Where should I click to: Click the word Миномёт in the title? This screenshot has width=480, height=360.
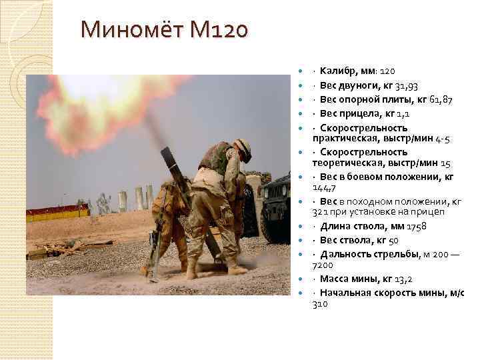(x=133, y=31)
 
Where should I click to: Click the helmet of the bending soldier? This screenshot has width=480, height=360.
(x=243, y=149)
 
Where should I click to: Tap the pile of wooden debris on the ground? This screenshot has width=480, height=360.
(x=60, y=248)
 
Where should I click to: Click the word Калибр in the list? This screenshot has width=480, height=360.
(x=337, y=71)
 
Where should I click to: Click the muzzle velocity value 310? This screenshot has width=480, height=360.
(x=321, y=303)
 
